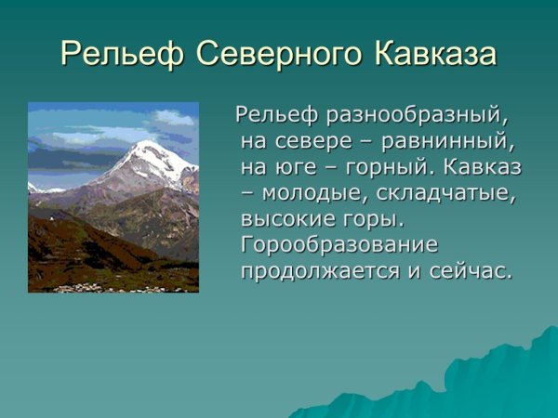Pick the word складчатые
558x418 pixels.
[450, 195]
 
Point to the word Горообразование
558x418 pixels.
[339, 246]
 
